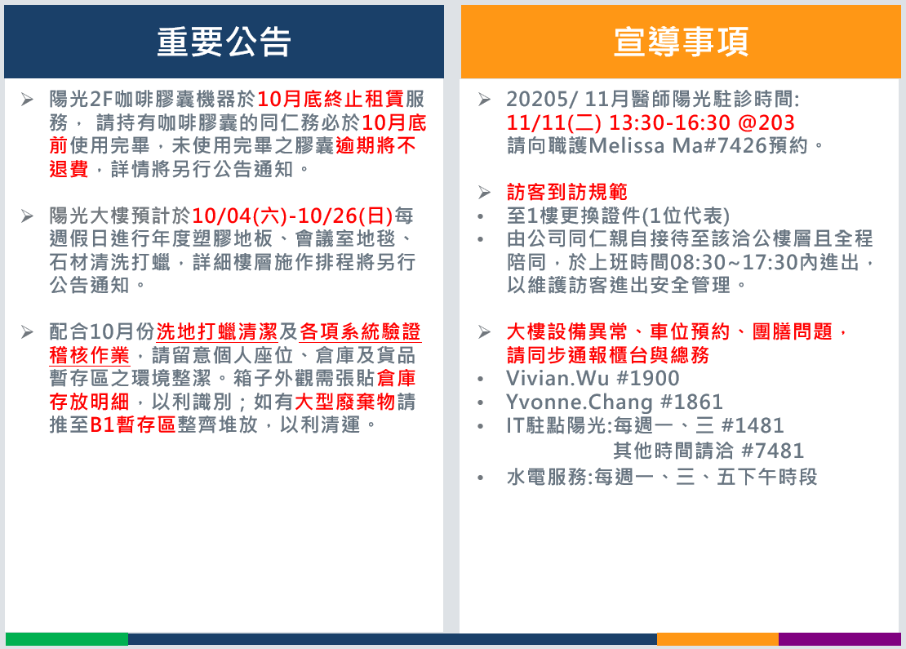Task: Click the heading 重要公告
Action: (x=224, y=42)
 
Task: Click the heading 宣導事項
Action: (x=681, y=42)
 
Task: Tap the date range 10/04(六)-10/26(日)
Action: (x=292, y=216)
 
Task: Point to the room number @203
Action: (x=766, y=122)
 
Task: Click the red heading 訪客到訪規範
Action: (x=566, y=192)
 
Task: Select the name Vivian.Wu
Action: (x=557, y=379)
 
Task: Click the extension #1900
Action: (x=648, y=379)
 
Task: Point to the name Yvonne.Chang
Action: (x=580, y=402)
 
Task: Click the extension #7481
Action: (x=772, y=451)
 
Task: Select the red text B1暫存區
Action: (x=133, y=425)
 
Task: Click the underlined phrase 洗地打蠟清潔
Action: (x=217, y=332)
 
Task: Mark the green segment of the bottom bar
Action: (x=67, y=639)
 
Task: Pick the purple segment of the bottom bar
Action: (x=840, y=639)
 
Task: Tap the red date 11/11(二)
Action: (x=553, y=122)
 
